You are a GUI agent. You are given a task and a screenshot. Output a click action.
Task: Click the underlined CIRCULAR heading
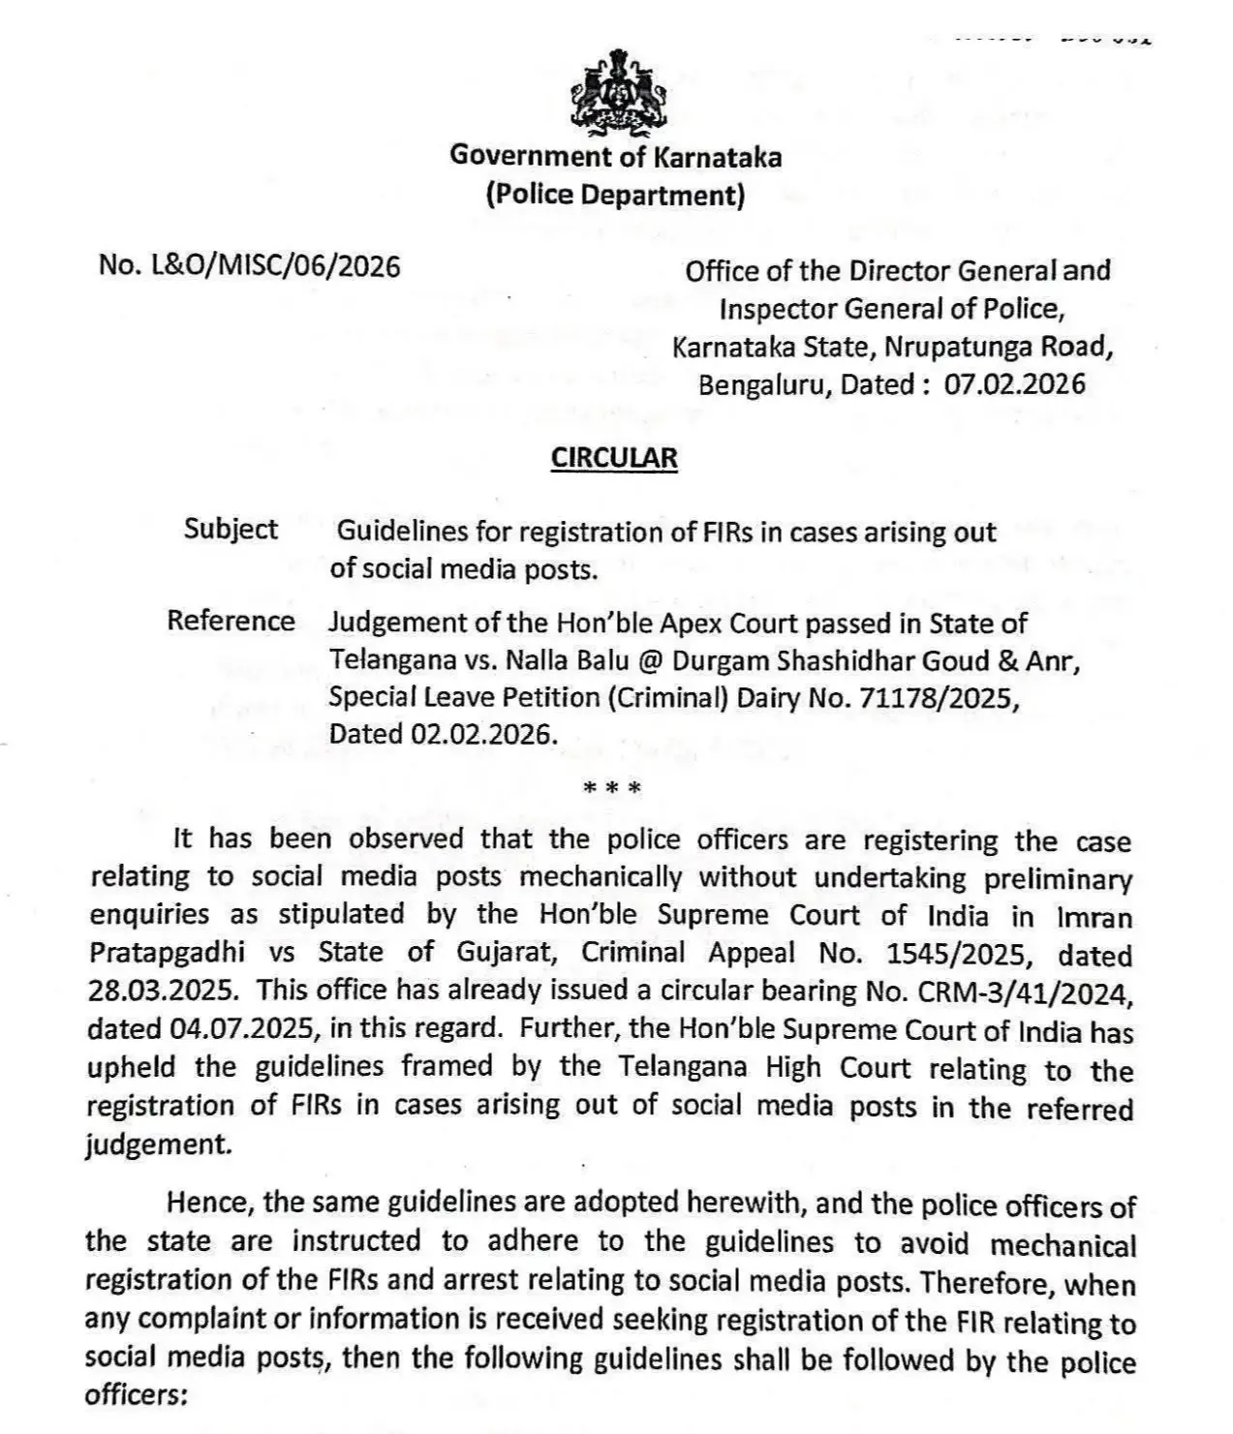(x=614, y=458)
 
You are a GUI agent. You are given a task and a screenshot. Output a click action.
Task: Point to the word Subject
(x=231, y=529)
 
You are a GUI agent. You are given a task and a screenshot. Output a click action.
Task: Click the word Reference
(x=231, y=621)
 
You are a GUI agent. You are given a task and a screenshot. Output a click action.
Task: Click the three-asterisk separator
(x=612, y=788)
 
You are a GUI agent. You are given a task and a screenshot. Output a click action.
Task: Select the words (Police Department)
(x=615, y=195)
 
